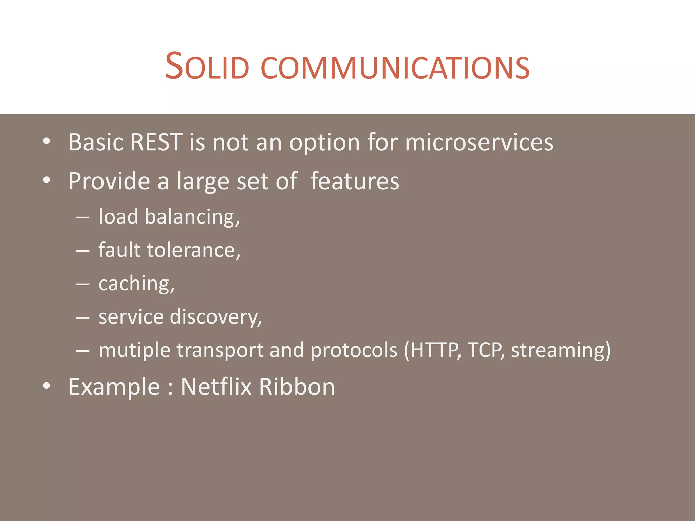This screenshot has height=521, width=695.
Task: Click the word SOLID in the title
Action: click(207, 66)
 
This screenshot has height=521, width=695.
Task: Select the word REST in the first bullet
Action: click(156, 142)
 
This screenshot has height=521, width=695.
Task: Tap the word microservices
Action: click(479, 142)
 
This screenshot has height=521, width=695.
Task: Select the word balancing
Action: click(192, 217)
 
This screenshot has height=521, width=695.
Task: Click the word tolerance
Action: click(193, 250)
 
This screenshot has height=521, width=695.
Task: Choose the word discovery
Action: click(215, 317)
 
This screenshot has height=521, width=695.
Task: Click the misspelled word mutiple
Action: click(134, 350)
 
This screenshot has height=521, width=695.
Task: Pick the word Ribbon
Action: click(297, 387)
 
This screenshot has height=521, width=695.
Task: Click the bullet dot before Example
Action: click(47, 386)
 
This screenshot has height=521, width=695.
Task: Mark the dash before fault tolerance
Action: click(83, 251)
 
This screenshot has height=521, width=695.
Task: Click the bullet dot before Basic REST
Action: click(47, 142)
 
